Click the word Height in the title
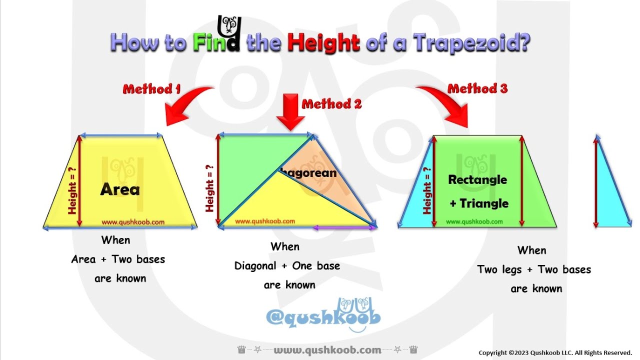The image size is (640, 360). click(323, 42)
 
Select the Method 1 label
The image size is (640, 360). click(151, 89)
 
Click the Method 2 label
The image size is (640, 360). click(331, 104)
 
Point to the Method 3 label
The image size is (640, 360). click(477, 89)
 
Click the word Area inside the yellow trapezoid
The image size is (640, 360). click(120, 189)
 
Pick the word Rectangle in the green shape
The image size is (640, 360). click(477, 180)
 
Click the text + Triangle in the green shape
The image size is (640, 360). click(478, 203)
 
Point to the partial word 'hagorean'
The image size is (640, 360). click(308, 173)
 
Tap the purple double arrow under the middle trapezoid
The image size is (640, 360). click(344, 227)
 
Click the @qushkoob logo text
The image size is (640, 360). click(323, 317)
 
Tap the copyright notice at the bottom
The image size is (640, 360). click(555, 352)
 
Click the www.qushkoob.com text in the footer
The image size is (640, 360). click(327, 350)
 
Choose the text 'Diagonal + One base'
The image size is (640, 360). click(287, 266)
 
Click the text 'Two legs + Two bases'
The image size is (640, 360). click(533, 270)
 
